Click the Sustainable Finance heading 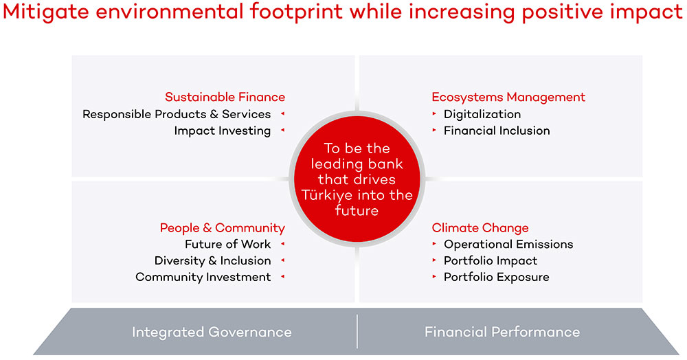coord(225,97)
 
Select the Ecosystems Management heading coord(508,98)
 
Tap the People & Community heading coord(222,227)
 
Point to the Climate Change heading coord(480,227)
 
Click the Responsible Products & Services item coord(177,114)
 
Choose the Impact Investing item coord(222,131)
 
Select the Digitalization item coord(482,114)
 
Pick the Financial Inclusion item coord(497,131)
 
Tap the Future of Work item coord(228,244)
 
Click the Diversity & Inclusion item coord(212,260)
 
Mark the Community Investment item coord(203,277)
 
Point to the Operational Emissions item coord(508,244)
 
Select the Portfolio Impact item coord(491,260)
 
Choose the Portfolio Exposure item coord(497,277)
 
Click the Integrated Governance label coord(212,332)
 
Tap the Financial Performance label coord(502,332)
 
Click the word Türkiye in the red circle coord(327,195)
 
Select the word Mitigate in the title coord(46,12)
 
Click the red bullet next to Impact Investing coord(282,130)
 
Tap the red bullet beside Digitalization coord(434,113)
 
